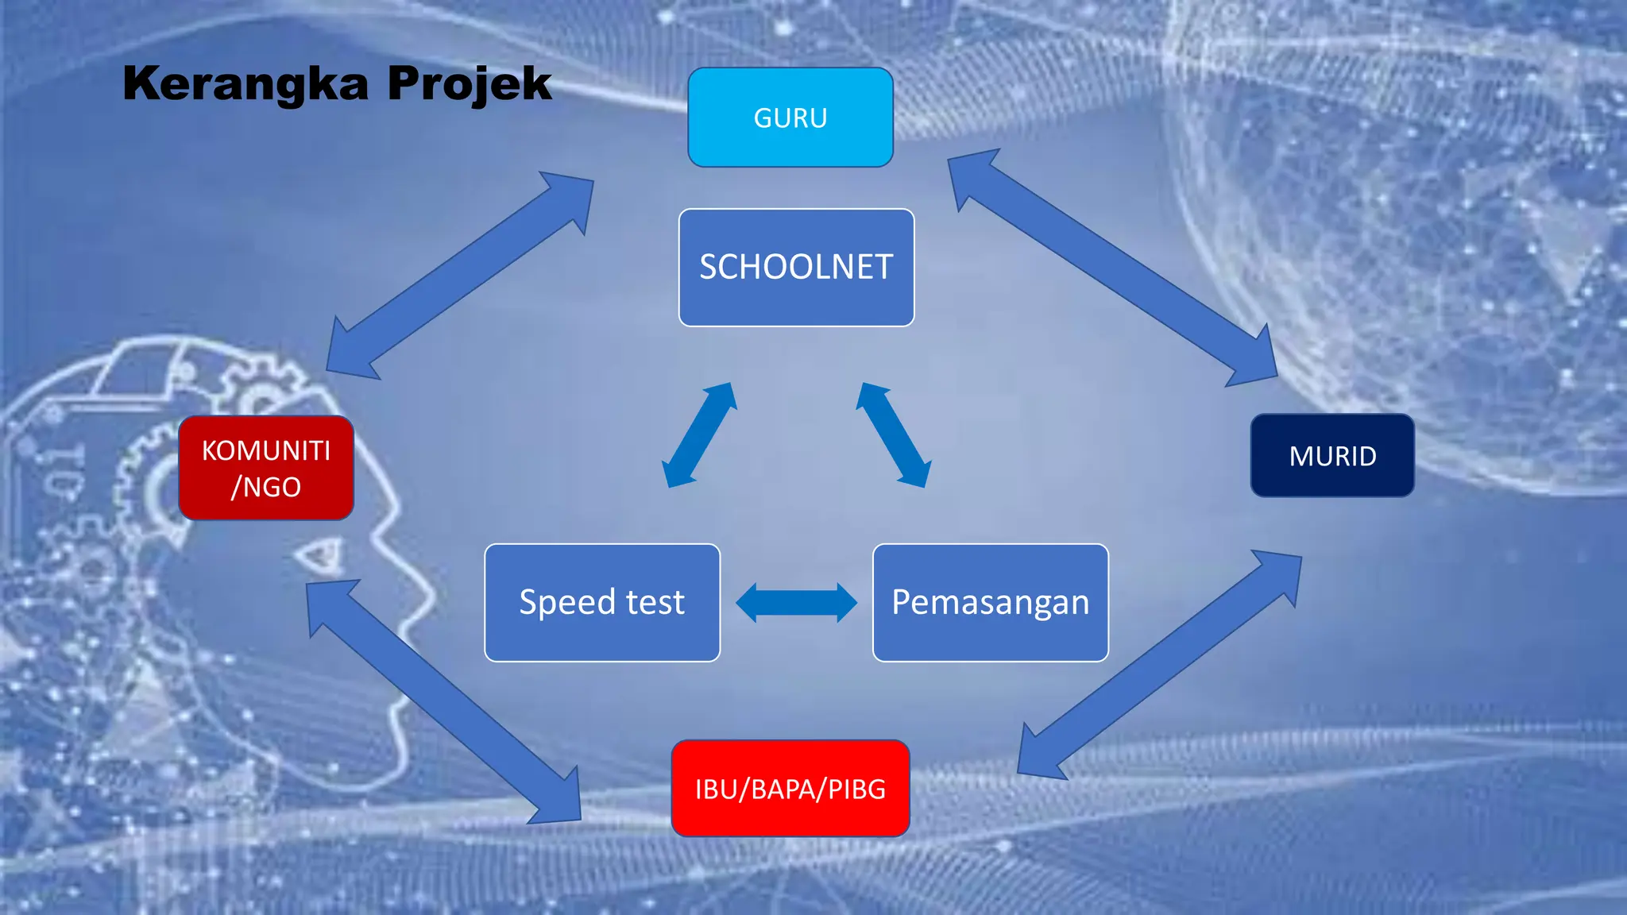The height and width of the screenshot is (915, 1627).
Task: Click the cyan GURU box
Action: point(790,118)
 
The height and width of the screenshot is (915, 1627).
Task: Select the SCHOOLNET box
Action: point(796,268)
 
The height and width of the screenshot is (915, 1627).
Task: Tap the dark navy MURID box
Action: point(1332,456)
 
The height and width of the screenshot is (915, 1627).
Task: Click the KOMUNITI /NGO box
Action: point(266,468)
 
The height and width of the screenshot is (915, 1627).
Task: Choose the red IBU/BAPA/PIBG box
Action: point(790,789)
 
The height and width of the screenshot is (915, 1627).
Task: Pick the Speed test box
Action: point(602,603)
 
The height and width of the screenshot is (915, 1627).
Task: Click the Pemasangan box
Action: point(990,603)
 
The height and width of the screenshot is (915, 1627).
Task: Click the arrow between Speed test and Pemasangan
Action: point(797,602)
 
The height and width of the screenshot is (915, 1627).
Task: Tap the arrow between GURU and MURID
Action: point(1112,268)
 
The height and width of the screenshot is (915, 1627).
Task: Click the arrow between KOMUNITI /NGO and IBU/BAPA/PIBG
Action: point(443,701)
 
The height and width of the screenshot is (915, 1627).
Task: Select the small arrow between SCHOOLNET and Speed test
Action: point(700,435)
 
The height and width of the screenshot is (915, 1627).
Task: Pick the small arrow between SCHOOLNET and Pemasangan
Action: point(893,435)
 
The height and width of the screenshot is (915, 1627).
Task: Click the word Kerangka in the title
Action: point(246,84)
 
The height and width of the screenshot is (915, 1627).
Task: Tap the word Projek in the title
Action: point(470,84)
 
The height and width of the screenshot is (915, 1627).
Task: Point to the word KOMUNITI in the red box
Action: point(266,450)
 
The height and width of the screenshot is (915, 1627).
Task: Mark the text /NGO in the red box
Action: point(266,487)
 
